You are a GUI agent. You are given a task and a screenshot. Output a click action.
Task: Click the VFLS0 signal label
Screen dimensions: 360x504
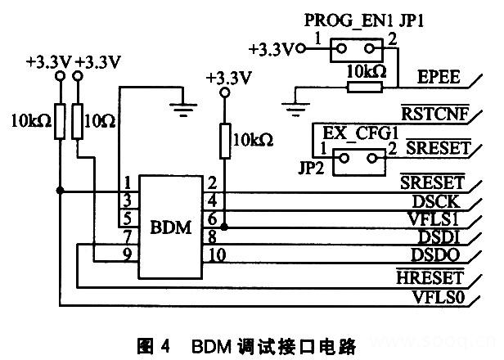tap(440, 298)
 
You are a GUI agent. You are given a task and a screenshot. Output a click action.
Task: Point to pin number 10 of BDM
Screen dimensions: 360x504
tap(217, 254)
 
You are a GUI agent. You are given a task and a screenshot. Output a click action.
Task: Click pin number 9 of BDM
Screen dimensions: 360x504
tap(127, 254)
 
